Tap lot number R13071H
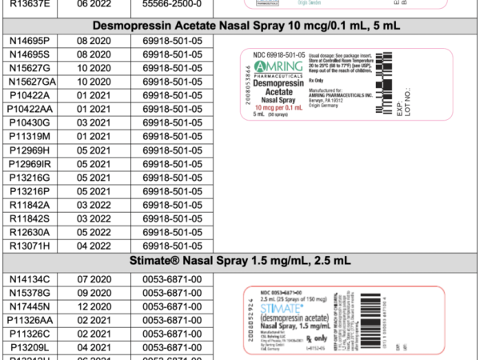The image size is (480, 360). point(29,245)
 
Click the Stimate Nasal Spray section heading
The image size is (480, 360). point(240,261)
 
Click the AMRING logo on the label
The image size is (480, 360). point(280,67)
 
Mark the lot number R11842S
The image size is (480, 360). point(29,218)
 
